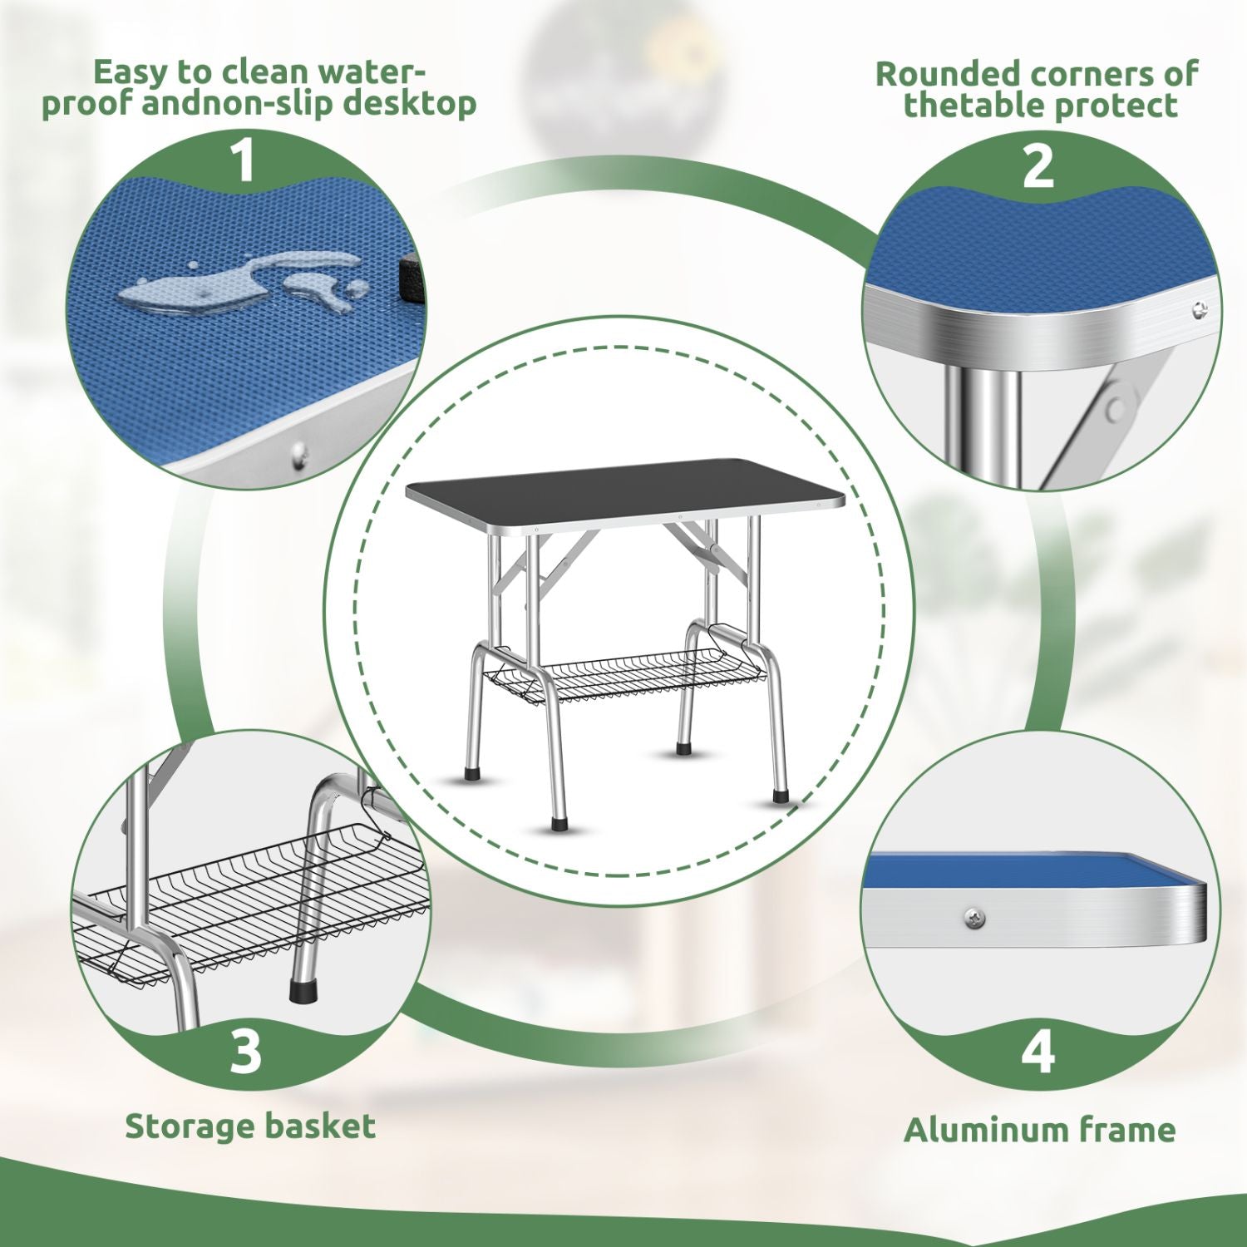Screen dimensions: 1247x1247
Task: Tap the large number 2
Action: [x=1038, y=166]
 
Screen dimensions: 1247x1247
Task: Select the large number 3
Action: [x=245, y=1052]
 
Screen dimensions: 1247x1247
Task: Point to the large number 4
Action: [x=1038, y=1052]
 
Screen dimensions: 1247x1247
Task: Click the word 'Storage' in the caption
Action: [x=190, y=1127]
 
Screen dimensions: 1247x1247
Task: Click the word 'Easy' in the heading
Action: [x=129, y=72]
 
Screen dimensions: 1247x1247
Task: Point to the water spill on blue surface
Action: [x=241, y=283]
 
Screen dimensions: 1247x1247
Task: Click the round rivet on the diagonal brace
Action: [x=1116, y=407]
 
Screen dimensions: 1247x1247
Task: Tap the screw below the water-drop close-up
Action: [x=299, y=453]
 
